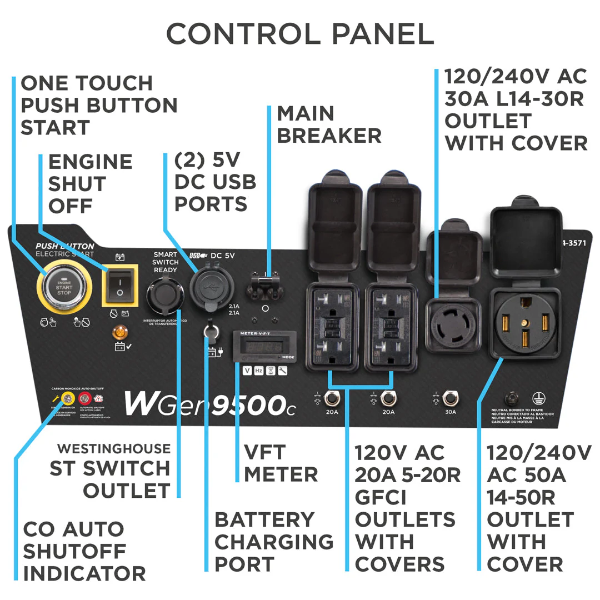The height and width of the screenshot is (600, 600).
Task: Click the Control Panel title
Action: (300, 34)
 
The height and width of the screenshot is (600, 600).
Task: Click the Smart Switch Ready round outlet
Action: (164, 295)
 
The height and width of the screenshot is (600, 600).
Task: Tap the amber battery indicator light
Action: (118, 333)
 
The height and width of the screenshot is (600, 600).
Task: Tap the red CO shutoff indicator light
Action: (85, 398)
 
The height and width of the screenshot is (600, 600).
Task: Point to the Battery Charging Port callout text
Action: (274, 542)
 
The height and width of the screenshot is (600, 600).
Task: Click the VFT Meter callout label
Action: (281, 464)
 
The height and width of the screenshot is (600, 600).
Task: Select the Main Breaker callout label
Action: (329, 124)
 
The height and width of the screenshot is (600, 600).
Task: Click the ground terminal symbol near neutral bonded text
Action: (537, 398)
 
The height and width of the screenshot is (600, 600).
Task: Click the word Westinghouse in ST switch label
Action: (114, 448)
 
